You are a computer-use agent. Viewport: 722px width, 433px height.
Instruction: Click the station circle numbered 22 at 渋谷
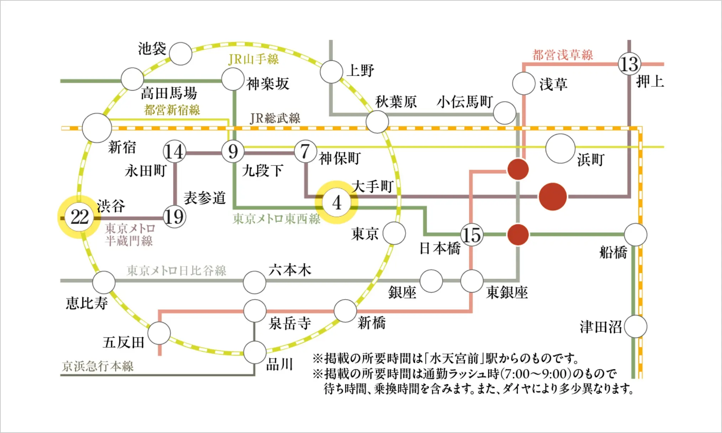coord(79,217)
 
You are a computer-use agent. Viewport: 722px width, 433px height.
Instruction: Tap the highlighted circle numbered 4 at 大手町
coord(336,202)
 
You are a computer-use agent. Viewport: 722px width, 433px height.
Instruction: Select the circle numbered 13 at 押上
coord(629,64)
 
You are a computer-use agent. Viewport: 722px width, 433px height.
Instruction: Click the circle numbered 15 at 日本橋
coord(471,235)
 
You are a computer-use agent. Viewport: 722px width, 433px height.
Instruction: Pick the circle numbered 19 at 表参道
coord(174,217)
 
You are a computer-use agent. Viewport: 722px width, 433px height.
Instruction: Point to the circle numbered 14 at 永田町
coord(174,152)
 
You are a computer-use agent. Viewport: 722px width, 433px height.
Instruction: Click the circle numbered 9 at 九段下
coord(233,152)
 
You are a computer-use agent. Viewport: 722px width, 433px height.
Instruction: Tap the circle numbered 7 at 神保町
coord(305,152)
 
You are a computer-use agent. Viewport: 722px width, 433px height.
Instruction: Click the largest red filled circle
coord(553,197)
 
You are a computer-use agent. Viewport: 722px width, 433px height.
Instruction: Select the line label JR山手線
coord(253,59)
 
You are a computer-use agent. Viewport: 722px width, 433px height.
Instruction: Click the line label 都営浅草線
coord(563,55)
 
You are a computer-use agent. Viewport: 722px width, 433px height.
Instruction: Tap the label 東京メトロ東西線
coord(276,219)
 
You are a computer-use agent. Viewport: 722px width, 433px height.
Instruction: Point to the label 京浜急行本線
coord(98,366)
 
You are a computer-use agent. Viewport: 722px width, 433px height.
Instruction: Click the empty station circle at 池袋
coord(180,54)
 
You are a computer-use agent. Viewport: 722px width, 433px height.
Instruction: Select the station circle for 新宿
coord(97,128)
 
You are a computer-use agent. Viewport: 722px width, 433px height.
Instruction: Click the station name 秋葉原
coord(396,102)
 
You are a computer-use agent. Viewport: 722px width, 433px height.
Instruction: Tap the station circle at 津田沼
coord(635,327)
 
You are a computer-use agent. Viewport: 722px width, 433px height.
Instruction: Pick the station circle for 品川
coord(255,352)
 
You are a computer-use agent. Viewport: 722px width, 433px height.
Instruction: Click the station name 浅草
coord(553,84)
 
